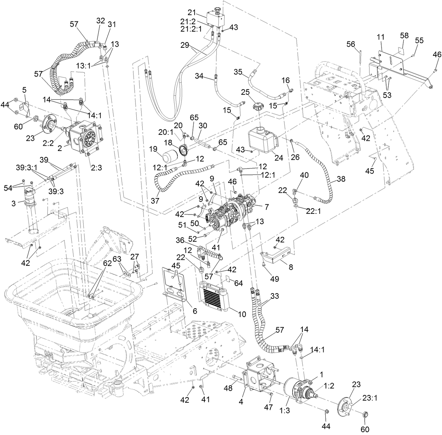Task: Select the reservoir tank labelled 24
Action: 262,140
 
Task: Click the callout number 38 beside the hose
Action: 340,179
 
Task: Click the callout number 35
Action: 239,72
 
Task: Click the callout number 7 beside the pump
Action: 267,207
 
